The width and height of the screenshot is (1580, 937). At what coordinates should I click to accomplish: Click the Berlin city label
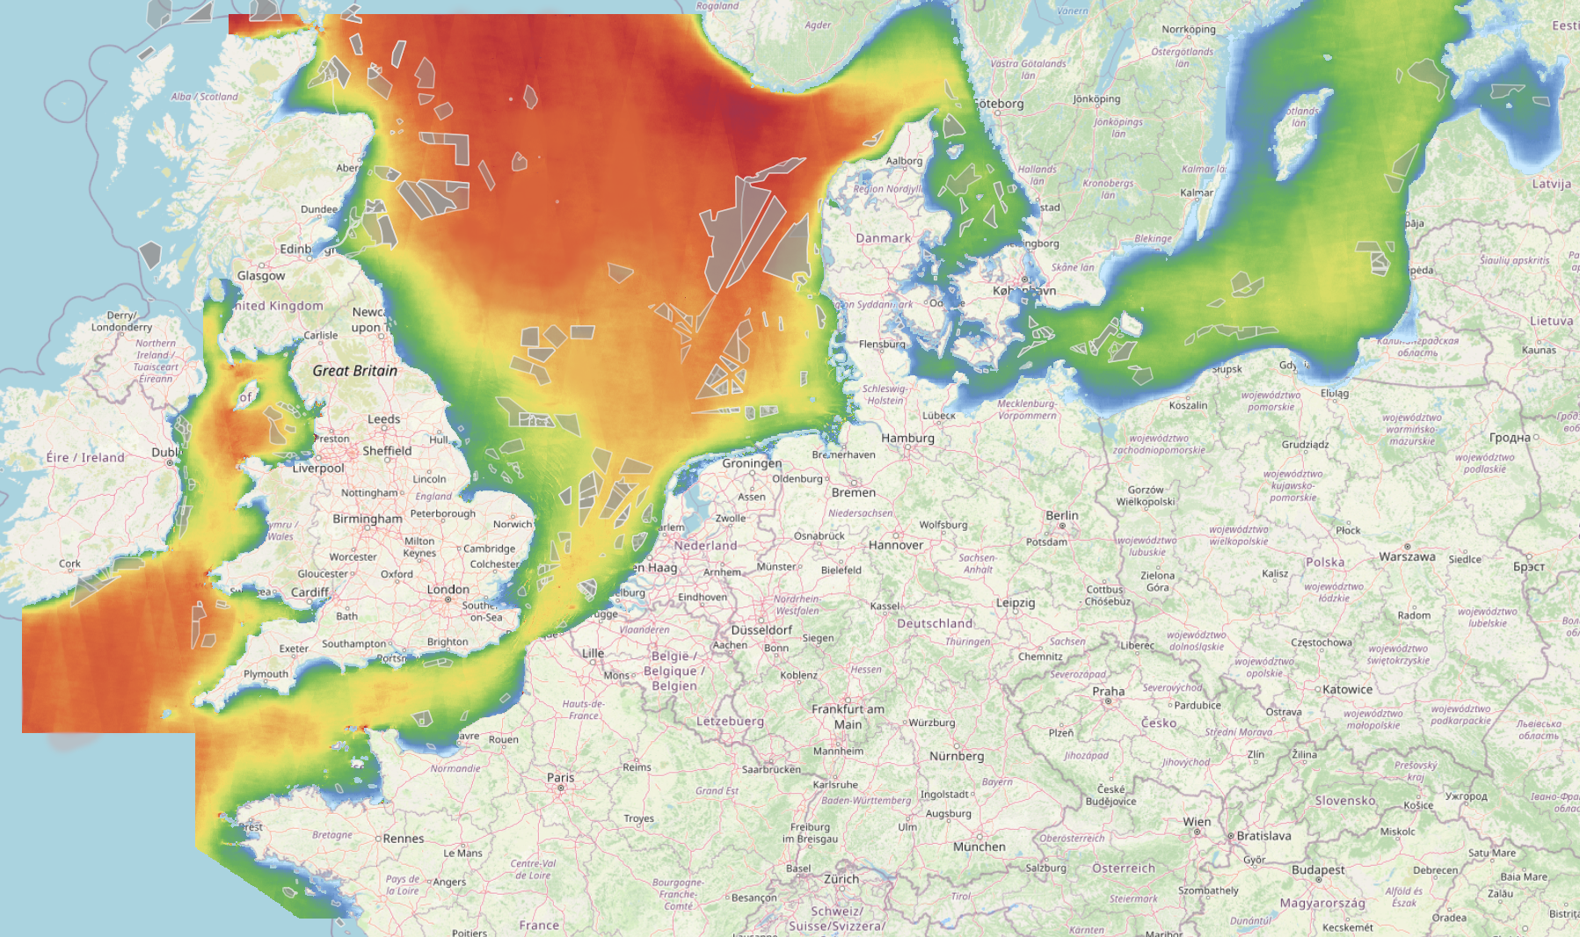click(x=1061, y=515)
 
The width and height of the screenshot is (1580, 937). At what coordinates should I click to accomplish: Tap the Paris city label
click(x=560, y=777)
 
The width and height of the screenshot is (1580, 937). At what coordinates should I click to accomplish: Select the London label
click(x=448, y=589)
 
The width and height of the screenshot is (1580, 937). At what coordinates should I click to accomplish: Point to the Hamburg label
click(x=907, y=438)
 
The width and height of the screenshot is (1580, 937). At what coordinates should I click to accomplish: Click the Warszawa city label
click(x=1407, y=556)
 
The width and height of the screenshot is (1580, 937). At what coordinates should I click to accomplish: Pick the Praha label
click(x=1108, y=691)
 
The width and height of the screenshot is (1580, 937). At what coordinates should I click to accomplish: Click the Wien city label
click(x=1197, y=822)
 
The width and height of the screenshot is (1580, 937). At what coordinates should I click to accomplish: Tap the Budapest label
click(x=1318, y=869)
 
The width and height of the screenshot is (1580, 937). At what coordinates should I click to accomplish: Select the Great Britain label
click(x=354, y=371)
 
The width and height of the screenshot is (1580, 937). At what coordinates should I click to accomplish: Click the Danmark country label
click(x=883, y=238)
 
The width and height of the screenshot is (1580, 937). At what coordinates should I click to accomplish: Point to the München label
click(x=979, y=846)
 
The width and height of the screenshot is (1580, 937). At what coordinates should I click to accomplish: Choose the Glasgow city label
click(x=261, y=276)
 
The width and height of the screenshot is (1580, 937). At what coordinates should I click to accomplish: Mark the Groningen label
click(x=752, y=463)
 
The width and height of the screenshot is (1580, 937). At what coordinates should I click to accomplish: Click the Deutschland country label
click(x=935, y=623)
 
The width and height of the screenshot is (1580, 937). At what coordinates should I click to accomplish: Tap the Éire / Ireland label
click(x=85, y=457)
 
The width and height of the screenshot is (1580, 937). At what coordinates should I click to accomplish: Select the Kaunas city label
click(x=1539, y=350)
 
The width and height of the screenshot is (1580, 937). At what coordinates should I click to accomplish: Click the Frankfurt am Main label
click(x=848, y=716)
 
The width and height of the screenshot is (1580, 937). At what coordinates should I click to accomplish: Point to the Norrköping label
click(x=1189, y=29)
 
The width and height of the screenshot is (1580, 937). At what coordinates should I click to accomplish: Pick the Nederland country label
click(x=705, y=545)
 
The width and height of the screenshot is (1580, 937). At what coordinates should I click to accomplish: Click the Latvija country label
click(x=1551, y=184)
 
